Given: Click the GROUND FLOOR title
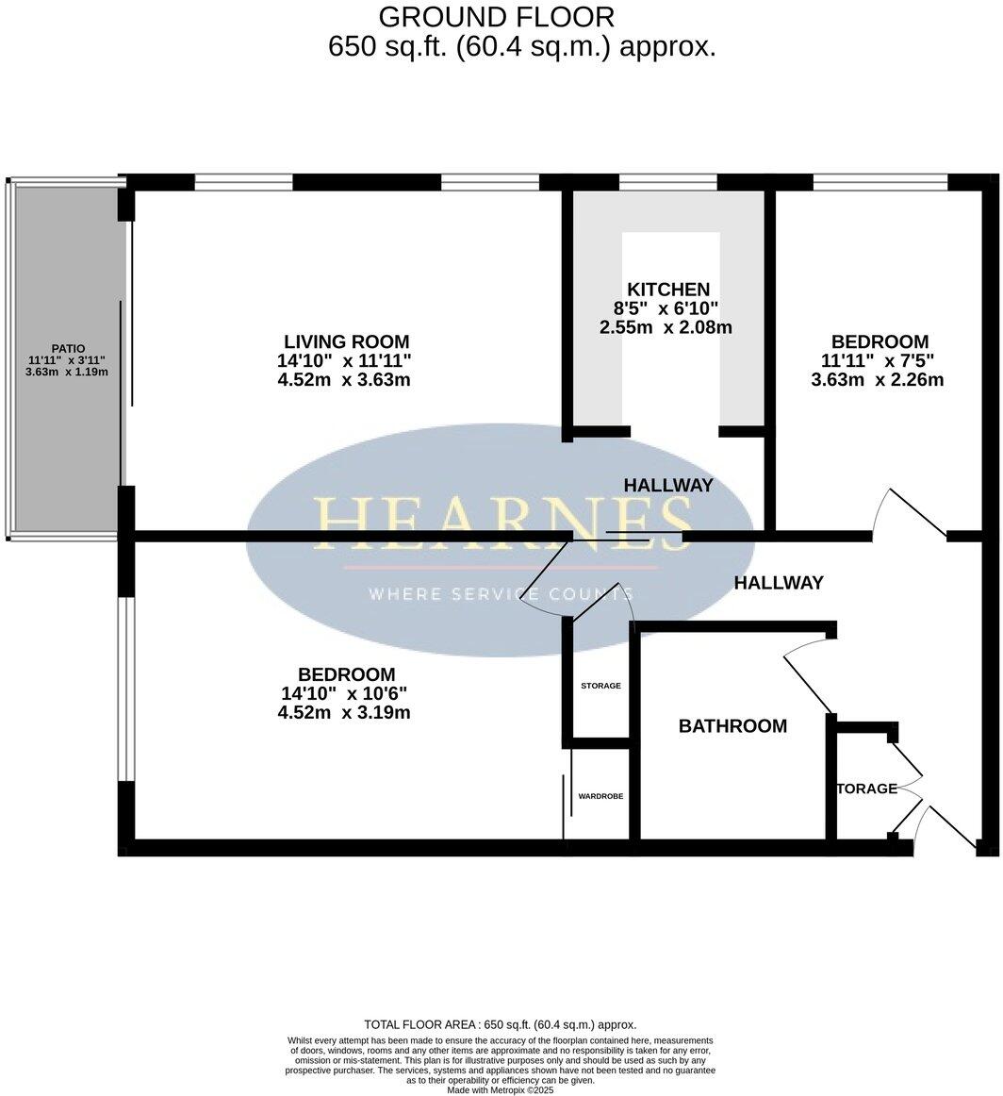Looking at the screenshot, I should tap(496, 16).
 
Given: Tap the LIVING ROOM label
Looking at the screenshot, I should tap(347, 341).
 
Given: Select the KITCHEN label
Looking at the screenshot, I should tap(667, 290).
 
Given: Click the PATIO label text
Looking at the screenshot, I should tap(68, 348).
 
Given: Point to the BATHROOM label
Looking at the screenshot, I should tap(732, 726).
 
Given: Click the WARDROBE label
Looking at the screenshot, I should tap(600, 796).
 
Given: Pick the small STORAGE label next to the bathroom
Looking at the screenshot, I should tap(600, 686).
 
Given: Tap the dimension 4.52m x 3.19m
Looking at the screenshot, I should tap(344, 713).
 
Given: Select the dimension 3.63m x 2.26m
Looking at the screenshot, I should tap(878, 380).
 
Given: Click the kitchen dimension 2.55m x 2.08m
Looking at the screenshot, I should tap(666, 328).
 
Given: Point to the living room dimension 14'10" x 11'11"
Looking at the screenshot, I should tap(344, 361).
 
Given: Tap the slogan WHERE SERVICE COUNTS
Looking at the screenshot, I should tap(501, 594).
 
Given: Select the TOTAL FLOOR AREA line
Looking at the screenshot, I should tap(501, 1024).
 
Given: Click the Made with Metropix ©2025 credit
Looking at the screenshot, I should tap(501, 1090).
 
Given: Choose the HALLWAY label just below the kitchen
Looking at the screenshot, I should tap(668, 485).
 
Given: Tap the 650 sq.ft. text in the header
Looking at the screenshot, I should tap(387, 47).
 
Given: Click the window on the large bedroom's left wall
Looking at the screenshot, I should tap(123, 689).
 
